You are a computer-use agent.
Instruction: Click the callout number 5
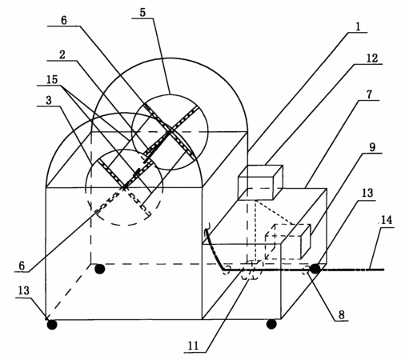coord(142,13)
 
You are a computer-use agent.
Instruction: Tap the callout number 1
coord(358,26)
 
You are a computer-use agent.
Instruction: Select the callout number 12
coord(371,58)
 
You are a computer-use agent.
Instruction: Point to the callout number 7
coord(370,94)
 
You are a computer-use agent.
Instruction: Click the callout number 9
coord(372,147)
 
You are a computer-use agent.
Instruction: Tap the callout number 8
coord(342,314)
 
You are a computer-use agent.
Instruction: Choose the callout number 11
coord(194,346)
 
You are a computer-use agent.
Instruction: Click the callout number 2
coord(62,54)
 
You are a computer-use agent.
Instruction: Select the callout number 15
coord(52,79)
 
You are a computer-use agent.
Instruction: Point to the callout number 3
coord(49,100)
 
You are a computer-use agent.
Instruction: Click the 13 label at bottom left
coord(23,290)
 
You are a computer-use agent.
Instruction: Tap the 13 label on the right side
coord(367,193)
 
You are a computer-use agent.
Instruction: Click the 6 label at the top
coord(64,20)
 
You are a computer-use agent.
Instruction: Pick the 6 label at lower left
coord(22,266)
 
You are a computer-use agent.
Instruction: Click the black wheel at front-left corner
coord(52,325)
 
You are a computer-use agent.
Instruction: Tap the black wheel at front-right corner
coord(271,324)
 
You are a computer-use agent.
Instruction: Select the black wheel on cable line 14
coord(315,269)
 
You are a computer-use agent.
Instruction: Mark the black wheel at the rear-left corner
coord(99,269)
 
